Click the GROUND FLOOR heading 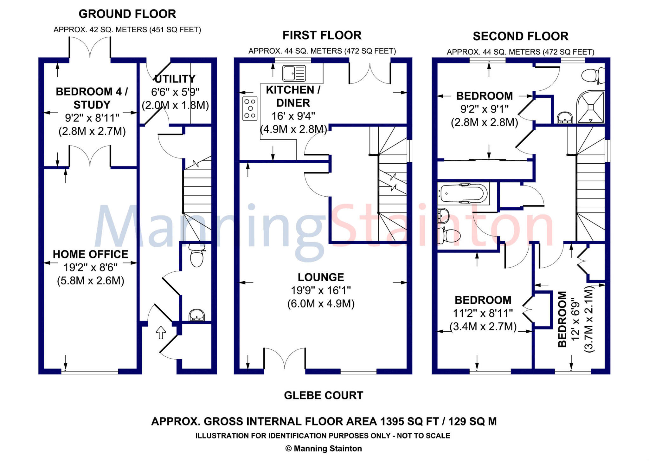click(x=127, y=14)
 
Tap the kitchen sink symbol click(x=294, y=73)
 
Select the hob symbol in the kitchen click(x=250, y=108)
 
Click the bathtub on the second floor click(x=463, y=193)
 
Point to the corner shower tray click(x=590, y=107)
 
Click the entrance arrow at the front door click(x=161, y=333)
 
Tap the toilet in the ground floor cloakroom click(x=197, y=256)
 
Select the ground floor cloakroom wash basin click(x=197, y=315)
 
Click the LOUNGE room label click(x=321, y=277)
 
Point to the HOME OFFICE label click(x=91, y=254)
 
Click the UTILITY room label click(x=175, y=79)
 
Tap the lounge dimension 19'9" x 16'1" click(x=321, y=290)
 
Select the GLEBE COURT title click(x=324, y=395)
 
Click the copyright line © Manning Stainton click(x=324, y=449)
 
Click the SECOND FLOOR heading click(x=521, y=36)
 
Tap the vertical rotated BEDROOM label click(x=562, y=319)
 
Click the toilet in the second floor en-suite click(x=593, y=75)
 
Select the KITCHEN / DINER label click(x=293, y=96)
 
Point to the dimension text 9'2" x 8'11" click(x=92, y=118)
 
